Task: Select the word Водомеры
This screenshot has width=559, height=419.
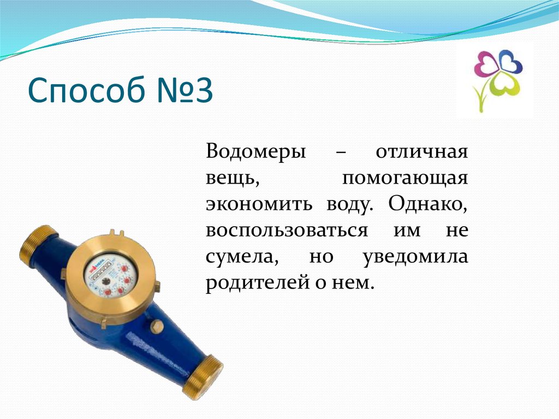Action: click(255, 151)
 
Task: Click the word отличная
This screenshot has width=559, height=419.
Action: click(421, 151)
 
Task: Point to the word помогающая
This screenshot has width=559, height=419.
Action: click(405, 178)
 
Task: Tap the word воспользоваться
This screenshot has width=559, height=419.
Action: click(287, 230)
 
